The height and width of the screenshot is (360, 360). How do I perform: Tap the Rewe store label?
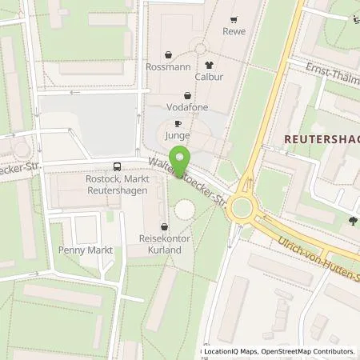[x=234, y=31]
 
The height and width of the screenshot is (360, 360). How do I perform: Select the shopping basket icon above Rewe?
[x=233, y=20]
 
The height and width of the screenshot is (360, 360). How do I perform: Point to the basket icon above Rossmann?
[x=169, y=55]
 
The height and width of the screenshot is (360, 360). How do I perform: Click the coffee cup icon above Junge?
[x=178, y=123]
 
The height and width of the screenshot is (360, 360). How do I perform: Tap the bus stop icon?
[x=118, y=167]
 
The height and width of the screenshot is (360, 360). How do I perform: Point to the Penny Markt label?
[x=84, y=250]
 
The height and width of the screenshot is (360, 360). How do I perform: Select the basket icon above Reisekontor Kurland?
[x=165, y=226]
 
